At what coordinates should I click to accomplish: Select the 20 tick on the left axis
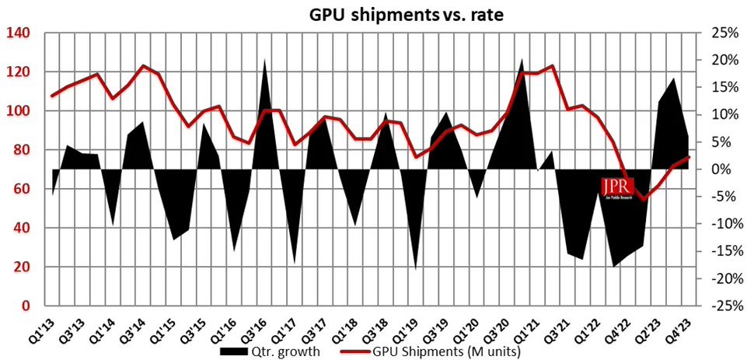point(21,267)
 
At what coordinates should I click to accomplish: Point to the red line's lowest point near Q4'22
point(644,200)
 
